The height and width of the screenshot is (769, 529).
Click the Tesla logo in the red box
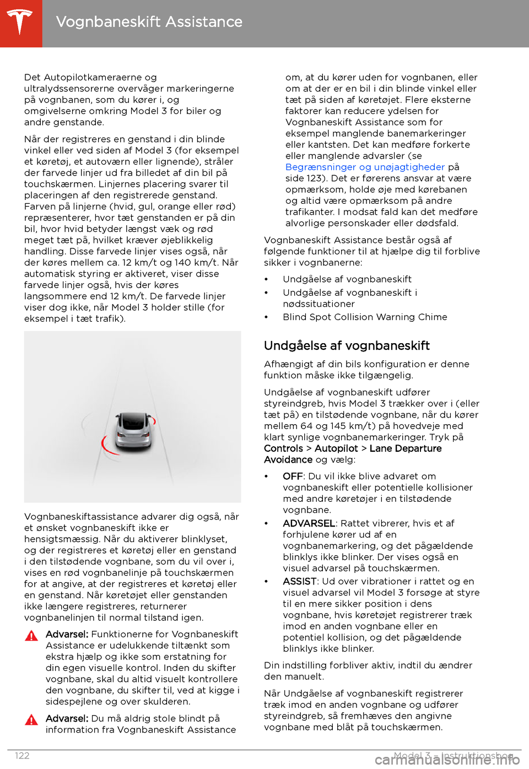tap(20, 23)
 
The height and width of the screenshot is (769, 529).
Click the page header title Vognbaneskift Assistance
tap(149, 22)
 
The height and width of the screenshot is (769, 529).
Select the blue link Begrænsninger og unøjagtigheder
tap(365, 167)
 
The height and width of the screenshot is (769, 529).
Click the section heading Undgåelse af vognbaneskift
tap(347, 346)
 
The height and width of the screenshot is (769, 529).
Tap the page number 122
tap(23, 756)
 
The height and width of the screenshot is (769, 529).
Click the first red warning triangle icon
tap(32, 636)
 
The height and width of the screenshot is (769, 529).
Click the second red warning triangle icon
tap(32, 719)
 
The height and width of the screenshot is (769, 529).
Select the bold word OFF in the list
tap(293, 476)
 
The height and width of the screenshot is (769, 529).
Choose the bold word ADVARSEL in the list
tap(309, 523)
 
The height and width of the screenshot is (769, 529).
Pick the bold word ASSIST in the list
tap(300, 581)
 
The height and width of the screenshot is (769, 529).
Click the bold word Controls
tap(283, 448)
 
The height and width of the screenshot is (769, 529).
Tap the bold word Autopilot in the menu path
tap(336, 448)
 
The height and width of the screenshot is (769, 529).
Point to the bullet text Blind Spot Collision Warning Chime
tap(365, 317)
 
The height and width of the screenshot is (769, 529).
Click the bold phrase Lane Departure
tap(406, 448)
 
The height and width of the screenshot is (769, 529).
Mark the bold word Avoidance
tap(288, 459)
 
